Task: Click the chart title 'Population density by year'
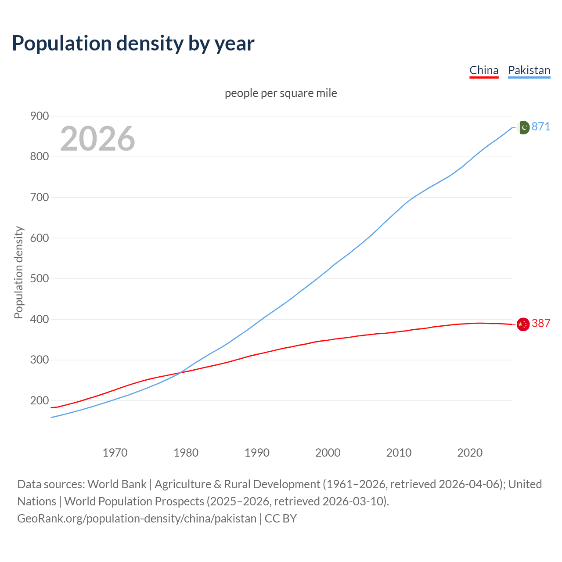pos(133,43)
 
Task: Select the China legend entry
pos(484,70)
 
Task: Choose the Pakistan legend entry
pos(529,70)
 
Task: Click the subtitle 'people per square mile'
pos(281,93)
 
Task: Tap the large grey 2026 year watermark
pos(97,139)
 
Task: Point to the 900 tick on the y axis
pos(39,116)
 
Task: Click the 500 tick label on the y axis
pos(39,279)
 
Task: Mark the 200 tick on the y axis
pos(39,400)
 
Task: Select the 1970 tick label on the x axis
pos(115,453)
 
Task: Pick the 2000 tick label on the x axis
pos(328,453)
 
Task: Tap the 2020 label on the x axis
pos(470,453)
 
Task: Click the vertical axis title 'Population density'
pos(18,272)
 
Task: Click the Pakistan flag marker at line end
pos(523,127)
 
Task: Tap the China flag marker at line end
pos(523,324)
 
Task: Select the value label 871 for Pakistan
pos(541,127)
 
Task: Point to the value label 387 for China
pos(541,324)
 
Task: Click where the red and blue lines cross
pos(180,373)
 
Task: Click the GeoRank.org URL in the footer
pos(137,519)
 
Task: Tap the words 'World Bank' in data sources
pos(117,484)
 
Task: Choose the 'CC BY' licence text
pos(281,519)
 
